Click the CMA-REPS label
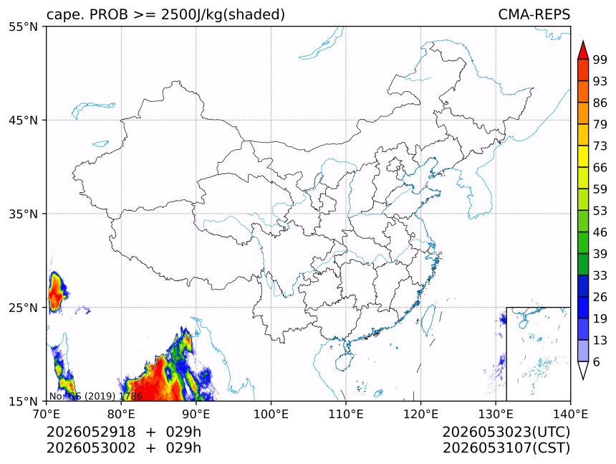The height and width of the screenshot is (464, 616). (534, 14)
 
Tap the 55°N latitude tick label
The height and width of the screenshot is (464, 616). (23, 27)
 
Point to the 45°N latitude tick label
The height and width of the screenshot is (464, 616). (23, 120)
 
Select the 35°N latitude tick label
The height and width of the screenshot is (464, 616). (23, 214)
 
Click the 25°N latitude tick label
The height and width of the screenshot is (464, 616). (23, 307)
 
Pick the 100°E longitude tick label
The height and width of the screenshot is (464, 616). (271, 414)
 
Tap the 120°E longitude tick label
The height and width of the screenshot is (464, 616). (420, 414)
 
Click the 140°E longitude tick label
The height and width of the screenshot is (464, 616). (570, 414)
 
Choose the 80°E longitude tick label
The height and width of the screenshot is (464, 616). (121, 414)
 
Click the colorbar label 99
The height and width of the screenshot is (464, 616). (600, 60)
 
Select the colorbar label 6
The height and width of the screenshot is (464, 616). (597, 361)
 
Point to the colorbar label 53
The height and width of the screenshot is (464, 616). (600, 211)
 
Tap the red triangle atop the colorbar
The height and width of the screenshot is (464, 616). (583, 50)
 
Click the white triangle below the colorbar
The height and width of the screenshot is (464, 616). (583, 370)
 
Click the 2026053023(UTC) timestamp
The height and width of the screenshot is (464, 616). (506, 432)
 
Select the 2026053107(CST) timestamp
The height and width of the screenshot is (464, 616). (506, 448)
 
